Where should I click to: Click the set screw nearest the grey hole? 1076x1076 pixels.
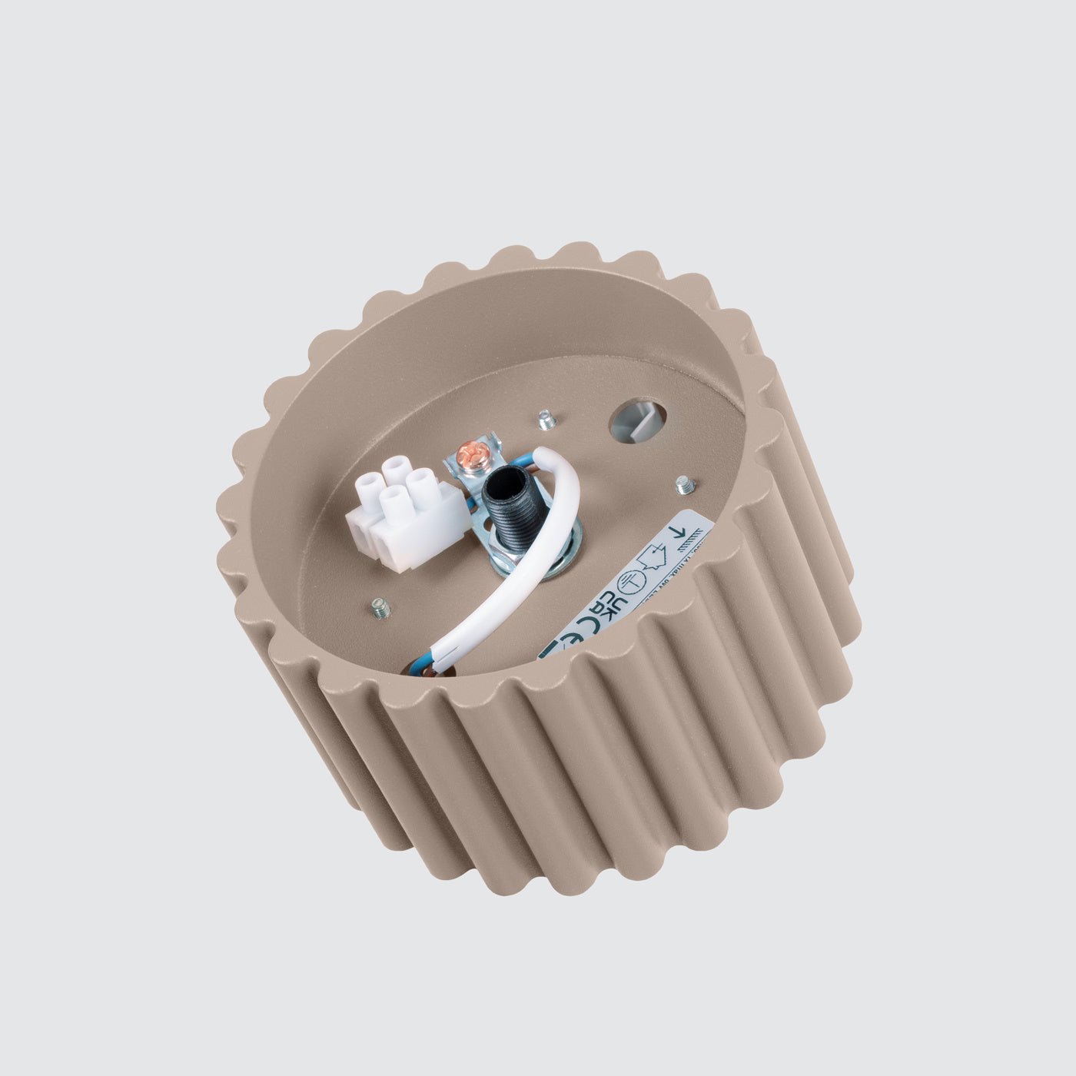546,420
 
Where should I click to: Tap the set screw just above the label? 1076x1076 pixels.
683,485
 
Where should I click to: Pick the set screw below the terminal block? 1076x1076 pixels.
380,609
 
